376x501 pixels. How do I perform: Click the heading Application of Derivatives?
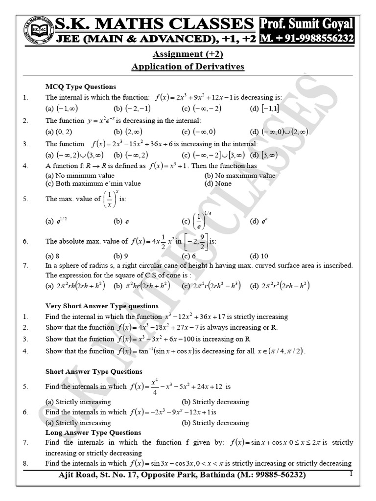click(x=188, y=67)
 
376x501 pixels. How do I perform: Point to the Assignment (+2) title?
click(x=188, y=54)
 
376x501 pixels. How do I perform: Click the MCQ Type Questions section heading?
click(x=81, y=87)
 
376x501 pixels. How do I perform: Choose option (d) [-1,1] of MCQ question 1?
click(x=264, y=108)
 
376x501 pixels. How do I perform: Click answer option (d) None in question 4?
click(x=218, y=183)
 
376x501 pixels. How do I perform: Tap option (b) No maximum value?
click(x=240, y=175)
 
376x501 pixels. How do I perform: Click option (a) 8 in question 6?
click(x=52, y=255)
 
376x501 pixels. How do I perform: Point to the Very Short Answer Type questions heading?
click(x=102, y=306)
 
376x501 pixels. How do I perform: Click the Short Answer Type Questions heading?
click(x=94, y=372)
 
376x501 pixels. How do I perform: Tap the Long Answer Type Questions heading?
click(x=93, y=433)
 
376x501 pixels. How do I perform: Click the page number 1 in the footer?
click(x=351, y=474)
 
